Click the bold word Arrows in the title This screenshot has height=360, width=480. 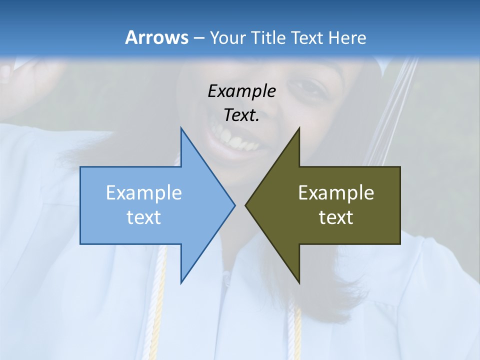click(x=156, y=37)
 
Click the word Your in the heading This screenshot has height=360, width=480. click(x=228, y=38)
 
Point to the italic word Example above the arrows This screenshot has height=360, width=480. click(x=242, y=91)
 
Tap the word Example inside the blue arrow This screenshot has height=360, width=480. click(x=144, y=192)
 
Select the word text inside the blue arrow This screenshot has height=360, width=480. click(x=144, y=217)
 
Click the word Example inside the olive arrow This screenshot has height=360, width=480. click(x=336, y=192)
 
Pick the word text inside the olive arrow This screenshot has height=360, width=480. click(x=336, y=217)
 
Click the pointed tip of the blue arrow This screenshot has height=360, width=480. click(x=234, y=205)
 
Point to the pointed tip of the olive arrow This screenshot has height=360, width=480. click(x=245, y=205)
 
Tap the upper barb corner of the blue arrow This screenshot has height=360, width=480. click(x=181, y=128)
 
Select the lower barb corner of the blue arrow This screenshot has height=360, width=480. click(x=181, y=282)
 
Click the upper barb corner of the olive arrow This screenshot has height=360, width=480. click(x=299, y=128)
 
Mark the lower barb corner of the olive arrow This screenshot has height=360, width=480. click(x=299, y=282)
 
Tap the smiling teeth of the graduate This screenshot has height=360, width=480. click(x=235, y=140)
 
